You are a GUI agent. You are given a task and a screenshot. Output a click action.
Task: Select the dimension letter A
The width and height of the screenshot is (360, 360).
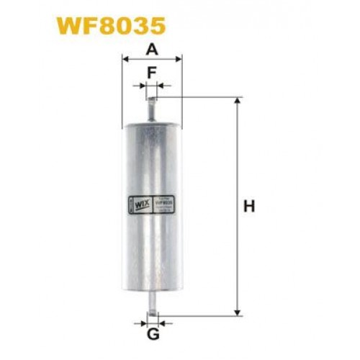pos(152,49)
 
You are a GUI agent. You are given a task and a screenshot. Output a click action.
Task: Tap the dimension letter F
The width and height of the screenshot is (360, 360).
pos(152,72)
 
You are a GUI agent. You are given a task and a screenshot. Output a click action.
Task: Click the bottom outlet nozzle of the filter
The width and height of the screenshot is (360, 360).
pos(152,302)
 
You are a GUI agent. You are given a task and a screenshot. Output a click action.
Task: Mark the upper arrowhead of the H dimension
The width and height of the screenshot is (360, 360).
pos(237,102)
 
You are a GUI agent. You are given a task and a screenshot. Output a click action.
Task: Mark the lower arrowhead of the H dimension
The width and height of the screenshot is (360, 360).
pos(237,311)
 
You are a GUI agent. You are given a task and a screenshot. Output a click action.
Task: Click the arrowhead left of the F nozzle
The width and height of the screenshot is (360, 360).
pos(144,87)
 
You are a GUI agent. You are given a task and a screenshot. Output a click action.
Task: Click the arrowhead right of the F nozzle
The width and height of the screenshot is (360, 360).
pos(160,87)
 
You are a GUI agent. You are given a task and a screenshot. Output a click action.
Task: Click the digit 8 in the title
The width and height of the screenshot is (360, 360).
pos(115,27)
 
